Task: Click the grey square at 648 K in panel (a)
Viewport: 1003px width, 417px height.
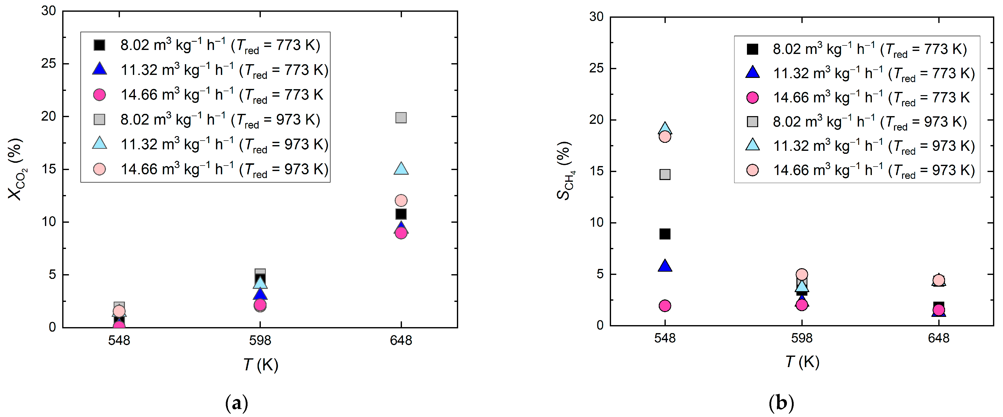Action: point(401,118)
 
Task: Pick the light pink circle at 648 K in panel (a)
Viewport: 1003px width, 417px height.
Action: point(401,201)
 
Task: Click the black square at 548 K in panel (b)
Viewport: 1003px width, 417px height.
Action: point(665,234)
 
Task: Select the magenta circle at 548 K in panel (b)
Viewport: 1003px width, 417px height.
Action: point(665,306)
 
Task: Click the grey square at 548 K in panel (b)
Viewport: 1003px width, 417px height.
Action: point(665,175)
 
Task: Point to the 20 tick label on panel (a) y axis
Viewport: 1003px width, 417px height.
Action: point(49,116)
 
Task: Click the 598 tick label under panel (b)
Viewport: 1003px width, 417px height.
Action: point(801,338)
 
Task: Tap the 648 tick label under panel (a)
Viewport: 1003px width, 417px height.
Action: point(401,341)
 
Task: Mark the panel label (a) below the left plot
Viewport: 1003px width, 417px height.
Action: point(236,403)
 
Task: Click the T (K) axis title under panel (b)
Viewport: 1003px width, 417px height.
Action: point(802,362)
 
